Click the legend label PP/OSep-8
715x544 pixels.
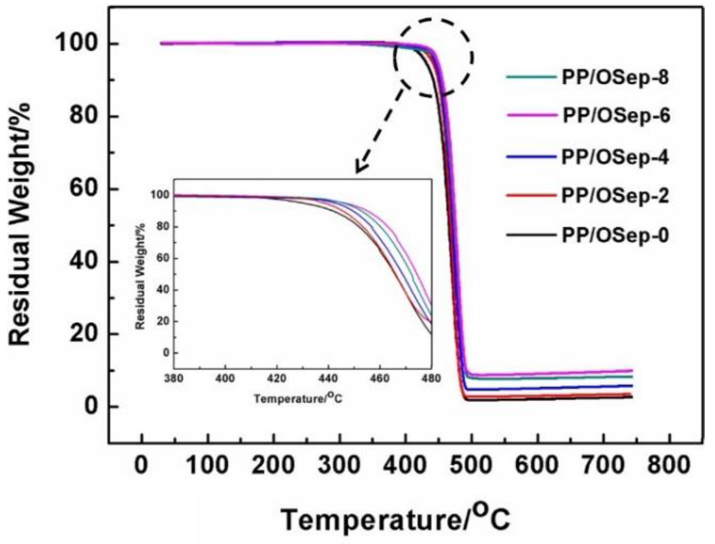[x=615, y=77]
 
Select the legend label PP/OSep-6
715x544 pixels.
[x=616, y=116]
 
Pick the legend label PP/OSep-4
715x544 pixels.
[x=615, y=157]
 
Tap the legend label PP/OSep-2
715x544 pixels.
[x=615, y=195]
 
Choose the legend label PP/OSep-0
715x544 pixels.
[x=615, y=236]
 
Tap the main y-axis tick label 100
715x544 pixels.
[x=76, y=43]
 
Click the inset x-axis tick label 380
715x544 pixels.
[x=174, y=379]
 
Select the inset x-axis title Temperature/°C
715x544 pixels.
[x=298, y=399]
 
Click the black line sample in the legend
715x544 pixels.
[x=531, y=235]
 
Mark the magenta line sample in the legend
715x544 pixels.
[x=531, y=115]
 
